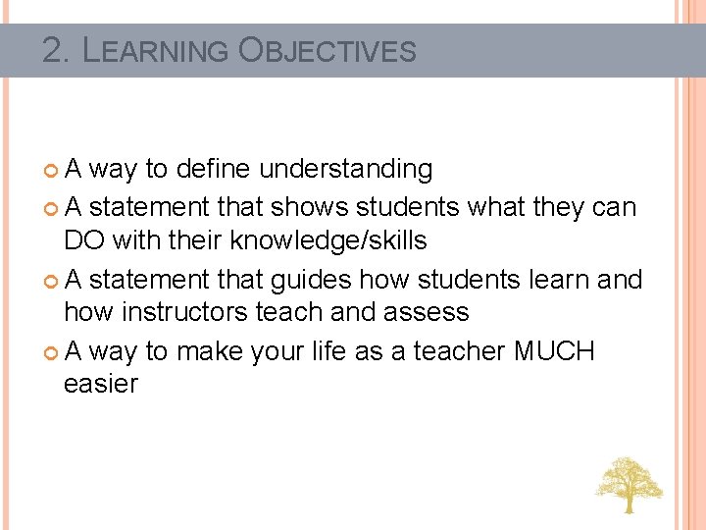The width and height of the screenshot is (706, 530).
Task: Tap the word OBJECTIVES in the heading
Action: click(x=328, y=50)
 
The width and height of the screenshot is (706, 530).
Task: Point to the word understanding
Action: click(x=345, y=170)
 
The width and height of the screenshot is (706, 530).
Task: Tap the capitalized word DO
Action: click(x=83, y=240)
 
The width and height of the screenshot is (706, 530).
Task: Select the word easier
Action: click(x=101, y=384)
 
